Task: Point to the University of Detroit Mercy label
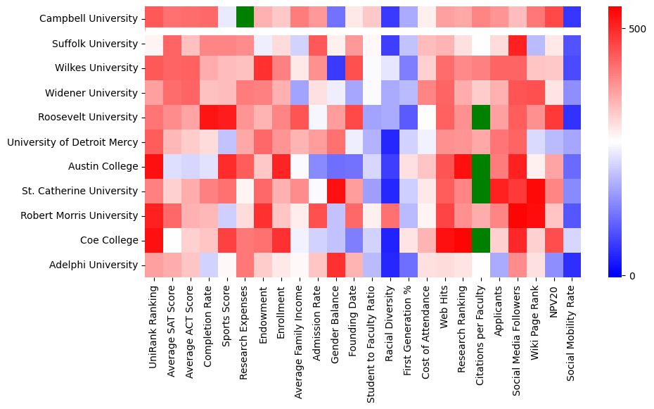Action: [x=72, y=142]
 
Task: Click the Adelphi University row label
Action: [x=95, y=265]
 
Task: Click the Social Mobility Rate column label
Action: [x=572, y=329]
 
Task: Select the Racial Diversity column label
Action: [x=390, y=320]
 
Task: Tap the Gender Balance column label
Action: [x=335, y=321]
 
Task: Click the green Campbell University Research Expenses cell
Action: [x=245, y=16]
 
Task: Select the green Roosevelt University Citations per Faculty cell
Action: [x=481, y=118]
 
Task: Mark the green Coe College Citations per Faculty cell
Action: [x=481, y=240]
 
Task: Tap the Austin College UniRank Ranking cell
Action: [x=154, y=166]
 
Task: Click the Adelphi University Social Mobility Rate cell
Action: [x=572, y=265]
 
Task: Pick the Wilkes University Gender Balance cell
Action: [x=335, y=68]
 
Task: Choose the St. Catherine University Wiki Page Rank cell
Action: [x=536, y=191]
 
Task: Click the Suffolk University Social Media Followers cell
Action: [x=518, y=44]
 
